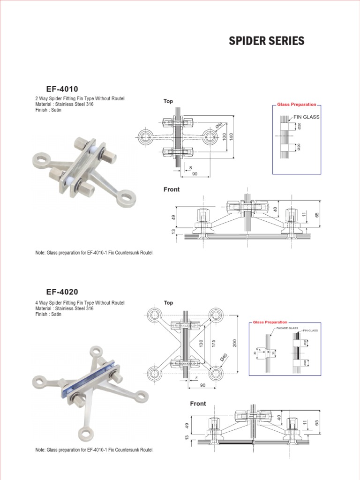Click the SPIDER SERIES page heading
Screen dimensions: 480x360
[x=266, y=41]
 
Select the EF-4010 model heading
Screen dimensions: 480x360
[x=62, y=89]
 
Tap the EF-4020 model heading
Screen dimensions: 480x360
[x=62, y=292]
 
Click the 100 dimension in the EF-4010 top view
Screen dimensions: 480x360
[x=225, y=137]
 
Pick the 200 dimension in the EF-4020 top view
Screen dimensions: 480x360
[x=235, y=344]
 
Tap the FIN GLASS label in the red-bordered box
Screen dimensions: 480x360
[x=307, y=117]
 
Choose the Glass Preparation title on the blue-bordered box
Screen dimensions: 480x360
[x=270, y=322]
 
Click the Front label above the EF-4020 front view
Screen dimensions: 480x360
[x=198, y=404]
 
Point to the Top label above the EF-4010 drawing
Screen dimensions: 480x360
[x=168, y=101]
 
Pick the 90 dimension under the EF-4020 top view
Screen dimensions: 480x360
[x=202, y=385]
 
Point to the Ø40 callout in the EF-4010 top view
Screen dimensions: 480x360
[x=219, y=126]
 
